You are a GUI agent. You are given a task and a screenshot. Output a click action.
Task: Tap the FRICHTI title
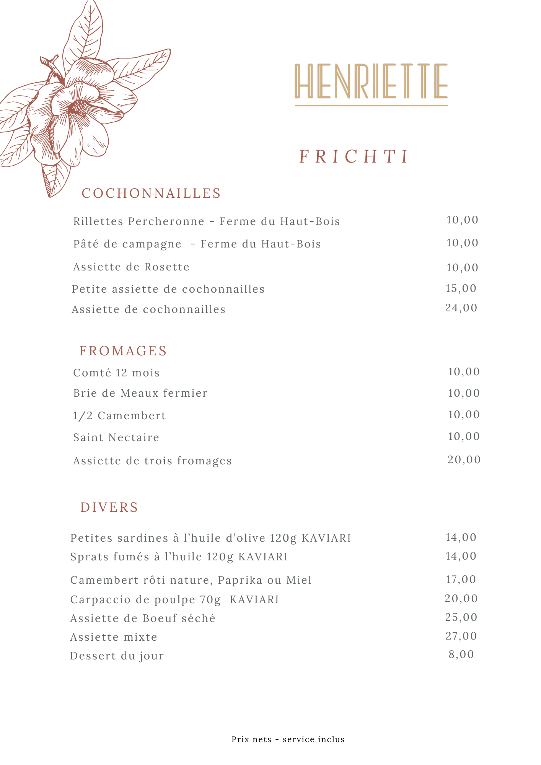pyautogui.click(x=354, y=156)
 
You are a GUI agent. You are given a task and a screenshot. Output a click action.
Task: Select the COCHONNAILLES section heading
pyautogui.click(x=152, y=193)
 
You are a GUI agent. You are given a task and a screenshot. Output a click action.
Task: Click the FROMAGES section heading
pyautogui.click(x=123, y=351)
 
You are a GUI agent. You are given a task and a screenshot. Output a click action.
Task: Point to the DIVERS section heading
pyautogui.click(x=109, y=507)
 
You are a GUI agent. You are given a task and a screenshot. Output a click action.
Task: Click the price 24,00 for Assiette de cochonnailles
pyautogui.click(x=461, y=308)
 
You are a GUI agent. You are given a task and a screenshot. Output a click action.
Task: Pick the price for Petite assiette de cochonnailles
pyautogui.click(x=461, y=288)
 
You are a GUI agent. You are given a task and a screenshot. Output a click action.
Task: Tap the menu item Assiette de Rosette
pyautogui.click(x=131, y=267)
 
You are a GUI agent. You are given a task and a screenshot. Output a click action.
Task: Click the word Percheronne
pyautogui.click(x=166, y=221)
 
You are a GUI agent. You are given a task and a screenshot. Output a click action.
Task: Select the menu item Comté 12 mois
pyautogui.click(x=116, y=373)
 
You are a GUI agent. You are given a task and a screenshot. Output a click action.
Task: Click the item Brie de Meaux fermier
pyautogui.click(x=140, y=393)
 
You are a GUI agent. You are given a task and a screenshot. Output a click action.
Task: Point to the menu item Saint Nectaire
pyautogui.click(x=116, y=437)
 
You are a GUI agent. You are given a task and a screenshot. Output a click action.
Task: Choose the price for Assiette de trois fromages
pyautogui.click(x=464, y=459)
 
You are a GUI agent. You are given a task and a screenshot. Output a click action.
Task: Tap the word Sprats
pyautogui.click(x=90, y=557)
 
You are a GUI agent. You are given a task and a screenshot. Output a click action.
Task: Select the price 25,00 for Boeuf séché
pyautogui.click(x=461, y=617)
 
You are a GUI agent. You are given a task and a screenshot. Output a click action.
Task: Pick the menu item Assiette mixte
pyautogui.click(x=114, y=637)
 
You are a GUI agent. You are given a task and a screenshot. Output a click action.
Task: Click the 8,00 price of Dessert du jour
pyautogui.click(x=461, y=654)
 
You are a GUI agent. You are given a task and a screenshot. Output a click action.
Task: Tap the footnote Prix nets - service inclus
pyautogui.click(x=288, y=739)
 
